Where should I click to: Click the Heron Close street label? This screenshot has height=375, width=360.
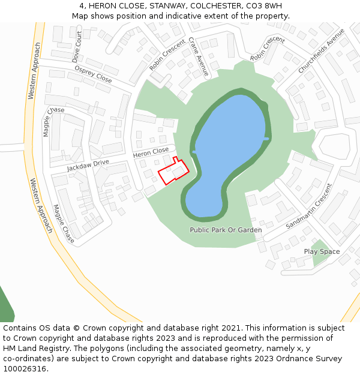tap(151, 153)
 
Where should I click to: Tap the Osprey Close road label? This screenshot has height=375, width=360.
tap(93, 75)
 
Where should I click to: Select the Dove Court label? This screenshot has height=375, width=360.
tap(77, 47)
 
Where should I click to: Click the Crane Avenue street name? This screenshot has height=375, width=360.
tap(198, 56)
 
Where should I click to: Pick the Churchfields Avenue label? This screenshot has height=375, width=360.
tap(322, 51)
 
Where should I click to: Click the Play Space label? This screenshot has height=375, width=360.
tap(322, 251)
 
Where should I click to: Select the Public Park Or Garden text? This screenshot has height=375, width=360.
tap(226, 230)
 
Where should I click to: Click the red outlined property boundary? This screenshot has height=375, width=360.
tap(173, 172)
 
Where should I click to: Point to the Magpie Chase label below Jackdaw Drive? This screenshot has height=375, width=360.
tap(64, 223)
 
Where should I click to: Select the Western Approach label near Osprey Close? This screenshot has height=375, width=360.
tap(35, 71)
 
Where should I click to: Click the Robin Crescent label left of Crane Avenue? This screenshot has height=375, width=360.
tap(167, 56)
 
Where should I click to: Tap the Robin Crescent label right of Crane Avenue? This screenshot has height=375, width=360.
tap(268, 49)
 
